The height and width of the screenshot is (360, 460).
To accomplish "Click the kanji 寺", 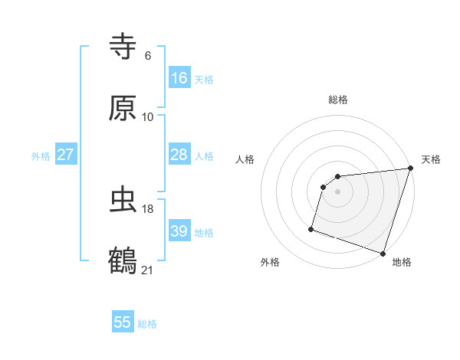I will click(123, 47).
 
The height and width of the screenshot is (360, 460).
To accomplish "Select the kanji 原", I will click(123, 109).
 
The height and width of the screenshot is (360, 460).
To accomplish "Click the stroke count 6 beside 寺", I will click(148, 56).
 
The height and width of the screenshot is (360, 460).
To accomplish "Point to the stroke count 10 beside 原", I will click(148, 117).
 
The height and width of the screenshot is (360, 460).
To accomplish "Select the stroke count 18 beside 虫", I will click(148, 208).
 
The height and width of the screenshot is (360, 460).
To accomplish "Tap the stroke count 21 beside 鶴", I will click(148, 270).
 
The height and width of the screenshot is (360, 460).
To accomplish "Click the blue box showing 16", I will click(179, 78).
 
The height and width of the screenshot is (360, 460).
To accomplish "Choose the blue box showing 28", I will click(179, 155).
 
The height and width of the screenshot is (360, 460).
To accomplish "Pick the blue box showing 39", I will click(179, 231).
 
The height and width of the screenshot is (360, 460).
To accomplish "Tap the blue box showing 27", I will click(65, 155).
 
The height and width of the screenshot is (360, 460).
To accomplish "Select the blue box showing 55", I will click(123, 322).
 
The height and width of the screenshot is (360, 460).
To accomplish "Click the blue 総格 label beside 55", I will click(147, 324).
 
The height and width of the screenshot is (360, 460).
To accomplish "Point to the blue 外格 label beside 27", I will click(41, 156).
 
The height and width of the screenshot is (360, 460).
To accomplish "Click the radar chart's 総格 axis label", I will click(338, 100).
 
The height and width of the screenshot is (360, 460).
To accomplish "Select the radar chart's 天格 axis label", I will click(431, 159).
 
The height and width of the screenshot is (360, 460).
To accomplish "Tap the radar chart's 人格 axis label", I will click(245, 159).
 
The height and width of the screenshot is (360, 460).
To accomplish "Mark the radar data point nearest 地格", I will click(383, 253).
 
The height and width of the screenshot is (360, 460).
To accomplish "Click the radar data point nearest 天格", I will click(410, 169).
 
